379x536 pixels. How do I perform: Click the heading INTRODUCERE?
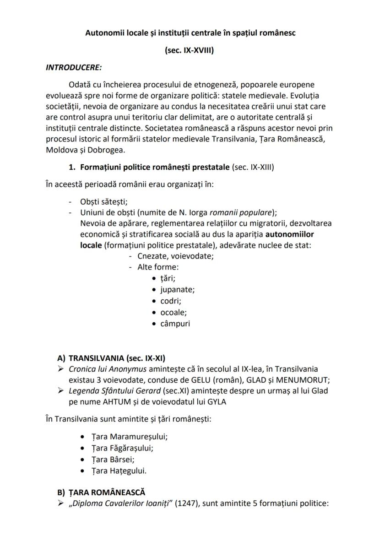(x=74, y=67)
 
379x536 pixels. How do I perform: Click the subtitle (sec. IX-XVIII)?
(x=189, y=50)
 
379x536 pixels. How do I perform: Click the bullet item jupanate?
(x=177, y=290)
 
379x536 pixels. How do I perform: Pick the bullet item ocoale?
(x=173, y=312)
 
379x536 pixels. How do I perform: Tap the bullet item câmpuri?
(x=175, y=324)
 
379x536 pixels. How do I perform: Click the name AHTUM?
(x=120, y=402)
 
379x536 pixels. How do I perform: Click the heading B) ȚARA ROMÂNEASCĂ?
(x=101, y=493)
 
